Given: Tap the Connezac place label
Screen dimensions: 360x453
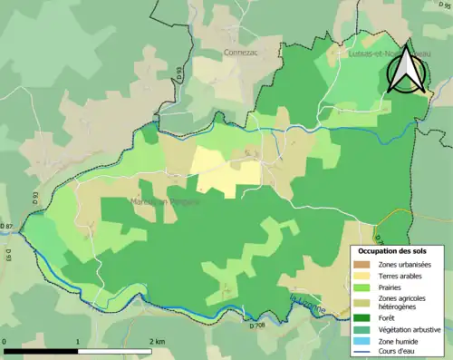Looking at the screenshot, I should coord(243,54).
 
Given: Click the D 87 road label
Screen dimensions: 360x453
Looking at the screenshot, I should coord(8,226).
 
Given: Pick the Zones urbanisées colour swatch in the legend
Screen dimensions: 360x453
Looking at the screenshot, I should coord(362,264).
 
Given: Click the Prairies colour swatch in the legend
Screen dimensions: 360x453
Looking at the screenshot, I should coord(362,288).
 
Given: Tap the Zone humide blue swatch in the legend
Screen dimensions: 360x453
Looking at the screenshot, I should coord(362,342).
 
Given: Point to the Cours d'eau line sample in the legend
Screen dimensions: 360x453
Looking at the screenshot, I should coord(362,354).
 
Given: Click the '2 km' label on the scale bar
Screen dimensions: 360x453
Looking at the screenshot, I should coord(155,342).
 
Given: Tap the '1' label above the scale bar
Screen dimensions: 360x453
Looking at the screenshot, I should coord(79,342).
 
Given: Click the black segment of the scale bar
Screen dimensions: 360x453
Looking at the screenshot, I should coord(41,351).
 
